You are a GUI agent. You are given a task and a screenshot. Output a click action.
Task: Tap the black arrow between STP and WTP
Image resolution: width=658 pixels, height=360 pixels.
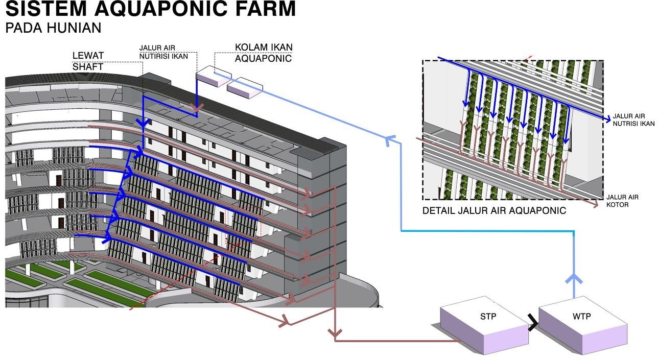tap(533, 323)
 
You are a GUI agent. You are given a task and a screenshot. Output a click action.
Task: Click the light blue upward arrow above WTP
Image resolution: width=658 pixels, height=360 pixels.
tap(573, 280)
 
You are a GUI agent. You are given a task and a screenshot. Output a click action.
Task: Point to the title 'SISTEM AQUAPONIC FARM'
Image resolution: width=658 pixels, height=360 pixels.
tap(151, 9)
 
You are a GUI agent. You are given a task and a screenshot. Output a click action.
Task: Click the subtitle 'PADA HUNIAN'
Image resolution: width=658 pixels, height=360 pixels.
tap(53, 28)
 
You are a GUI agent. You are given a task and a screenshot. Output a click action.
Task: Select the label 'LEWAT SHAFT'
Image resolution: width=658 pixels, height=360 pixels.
tap(88, 61)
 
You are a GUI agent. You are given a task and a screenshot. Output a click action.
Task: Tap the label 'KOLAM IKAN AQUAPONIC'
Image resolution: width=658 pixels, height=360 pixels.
tap(263, 53)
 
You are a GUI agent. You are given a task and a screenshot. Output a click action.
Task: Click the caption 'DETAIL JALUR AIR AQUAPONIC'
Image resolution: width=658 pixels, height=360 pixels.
tap(494, 210)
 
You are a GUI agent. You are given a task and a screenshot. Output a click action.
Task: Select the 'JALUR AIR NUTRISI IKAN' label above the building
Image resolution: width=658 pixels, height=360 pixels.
tap(163, 52)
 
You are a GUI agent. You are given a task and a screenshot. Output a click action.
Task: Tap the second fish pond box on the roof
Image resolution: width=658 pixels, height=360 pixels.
tap(244, 87)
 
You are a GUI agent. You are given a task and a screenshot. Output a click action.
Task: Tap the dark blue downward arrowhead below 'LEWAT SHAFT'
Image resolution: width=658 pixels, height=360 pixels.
tap(144, 123)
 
